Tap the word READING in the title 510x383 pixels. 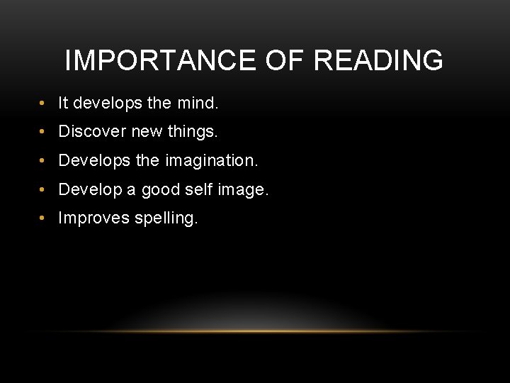click(x=378, y=61)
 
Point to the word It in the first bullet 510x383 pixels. click(x=63, y=104)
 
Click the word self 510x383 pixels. click(x=204, y=189)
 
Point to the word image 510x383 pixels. click(x=246, y=190)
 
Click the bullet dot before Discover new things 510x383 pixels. click(x=45, y=132)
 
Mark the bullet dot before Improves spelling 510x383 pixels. click(x=45, y=218)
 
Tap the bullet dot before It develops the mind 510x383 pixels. click(x=45, y=104)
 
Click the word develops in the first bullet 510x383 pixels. click(x=100, y=104)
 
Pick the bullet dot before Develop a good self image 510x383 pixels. click(x=45, y=189)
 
